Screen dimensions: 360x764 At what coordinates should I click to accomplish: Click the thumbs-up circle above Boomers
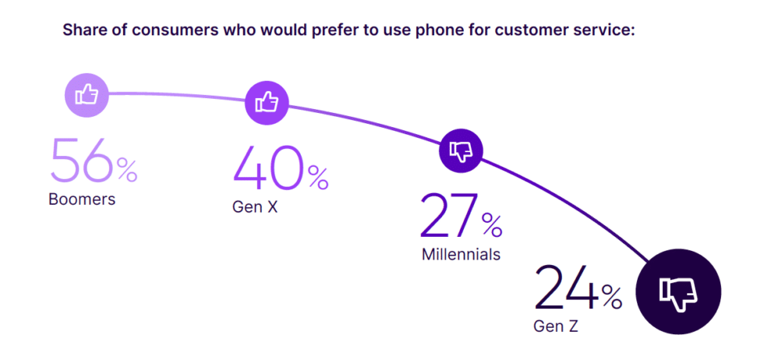point(87,95)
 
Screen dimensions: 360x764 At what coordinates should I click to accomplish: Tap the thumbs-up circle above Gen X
point(267,102)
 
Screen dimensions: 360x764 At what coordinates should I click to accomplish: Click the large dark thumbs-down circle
point(678,293)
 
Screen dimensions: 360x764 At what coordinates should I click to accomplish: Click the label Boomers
point(82,199)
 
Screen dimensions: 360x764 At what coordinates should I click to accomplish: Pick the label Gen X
point(255,208)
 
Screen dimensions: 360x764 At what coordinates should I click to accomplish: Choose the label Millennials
point(461,255)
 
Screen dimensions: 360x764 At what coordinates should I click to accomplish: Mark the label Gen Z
point(555,326)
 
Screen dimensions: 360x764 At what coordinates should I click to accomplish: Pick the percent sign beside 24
point(611,297)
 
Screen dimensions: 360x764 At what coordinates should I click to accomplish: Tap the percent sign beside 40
point(317,178)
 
